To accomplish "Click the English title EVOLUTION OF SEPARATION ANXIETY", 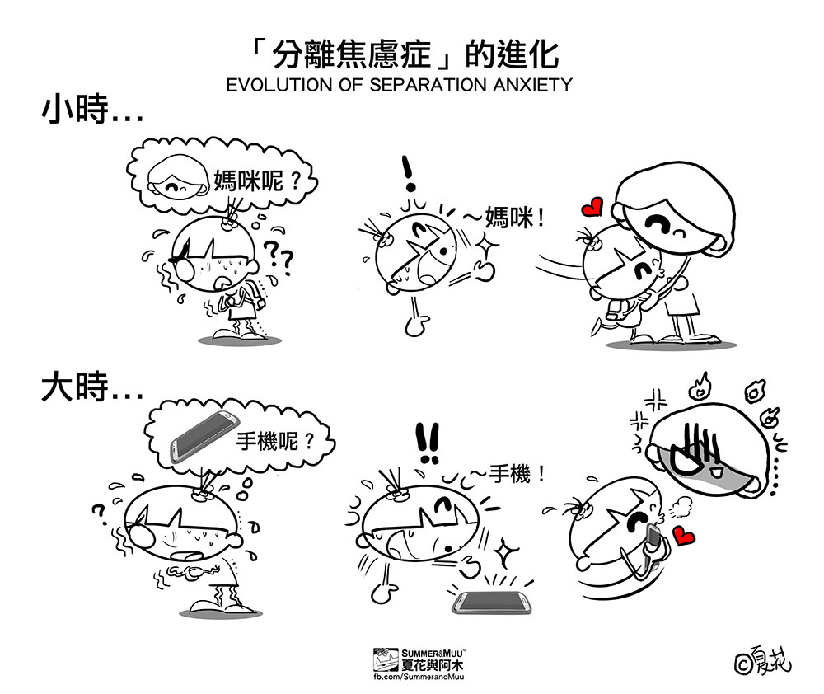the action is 399,85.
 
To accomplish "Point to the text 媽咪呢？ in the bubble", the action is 257,181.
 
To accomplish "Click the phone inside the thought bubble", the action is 204,437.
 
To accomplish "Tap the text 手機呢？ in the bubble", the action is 275,441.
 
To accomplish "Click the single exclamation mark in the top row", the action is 408,173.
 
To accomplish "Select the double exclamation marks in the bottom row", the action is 428,443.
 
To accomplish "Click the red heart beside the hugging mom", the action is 592,207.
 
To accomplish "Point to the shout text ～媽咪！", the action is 503,217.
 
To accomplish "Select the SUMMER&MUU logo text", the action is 432,654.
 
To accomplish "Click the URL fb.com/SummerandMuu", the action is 419,677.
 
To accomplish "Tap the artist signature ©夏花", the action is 763,660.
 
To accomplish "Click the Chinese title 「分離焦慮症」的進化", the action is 405,54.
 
